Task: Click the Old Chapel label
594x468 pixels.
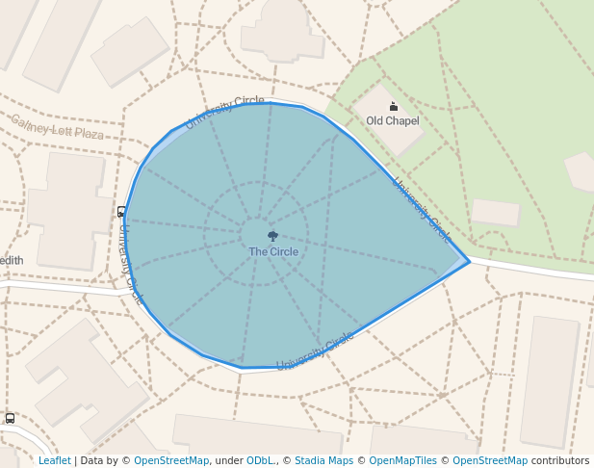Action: click(393, 120)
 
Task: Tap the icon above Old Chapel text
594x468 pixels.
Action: click(393, 106)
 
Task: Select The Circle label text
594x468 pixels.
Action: click(273, 252)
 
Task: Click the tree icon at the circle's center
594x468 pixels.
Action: click(273, 236)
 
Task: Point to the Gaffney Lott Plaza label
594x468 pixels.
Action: click(57, 127)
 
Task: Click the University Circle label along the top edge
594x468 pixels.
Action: click(224, 112)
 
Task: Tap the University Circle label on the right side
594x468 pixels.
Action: click(421, 209)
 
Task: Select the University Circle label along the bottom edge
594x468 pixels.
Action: click(316, 351)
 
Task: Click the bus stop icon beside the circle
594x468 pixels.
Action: click(121, 212)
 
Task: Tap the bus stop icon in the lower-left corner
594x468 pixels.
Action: click(10, 418)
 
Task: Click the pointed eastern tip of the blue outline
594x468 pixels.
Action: click(469, 260)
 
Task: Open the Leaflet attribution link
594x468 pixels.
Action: click(55, 461)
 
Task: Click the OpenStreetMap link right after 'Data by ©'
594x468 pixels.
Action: click(171, 461)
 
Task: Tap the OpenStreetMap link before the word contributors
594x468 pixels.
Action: click(490, 461)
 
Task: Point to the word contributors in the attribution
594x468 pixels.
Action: click(560, 461)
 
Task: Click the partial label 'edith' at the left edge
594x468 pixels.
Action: click(12, 260)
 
